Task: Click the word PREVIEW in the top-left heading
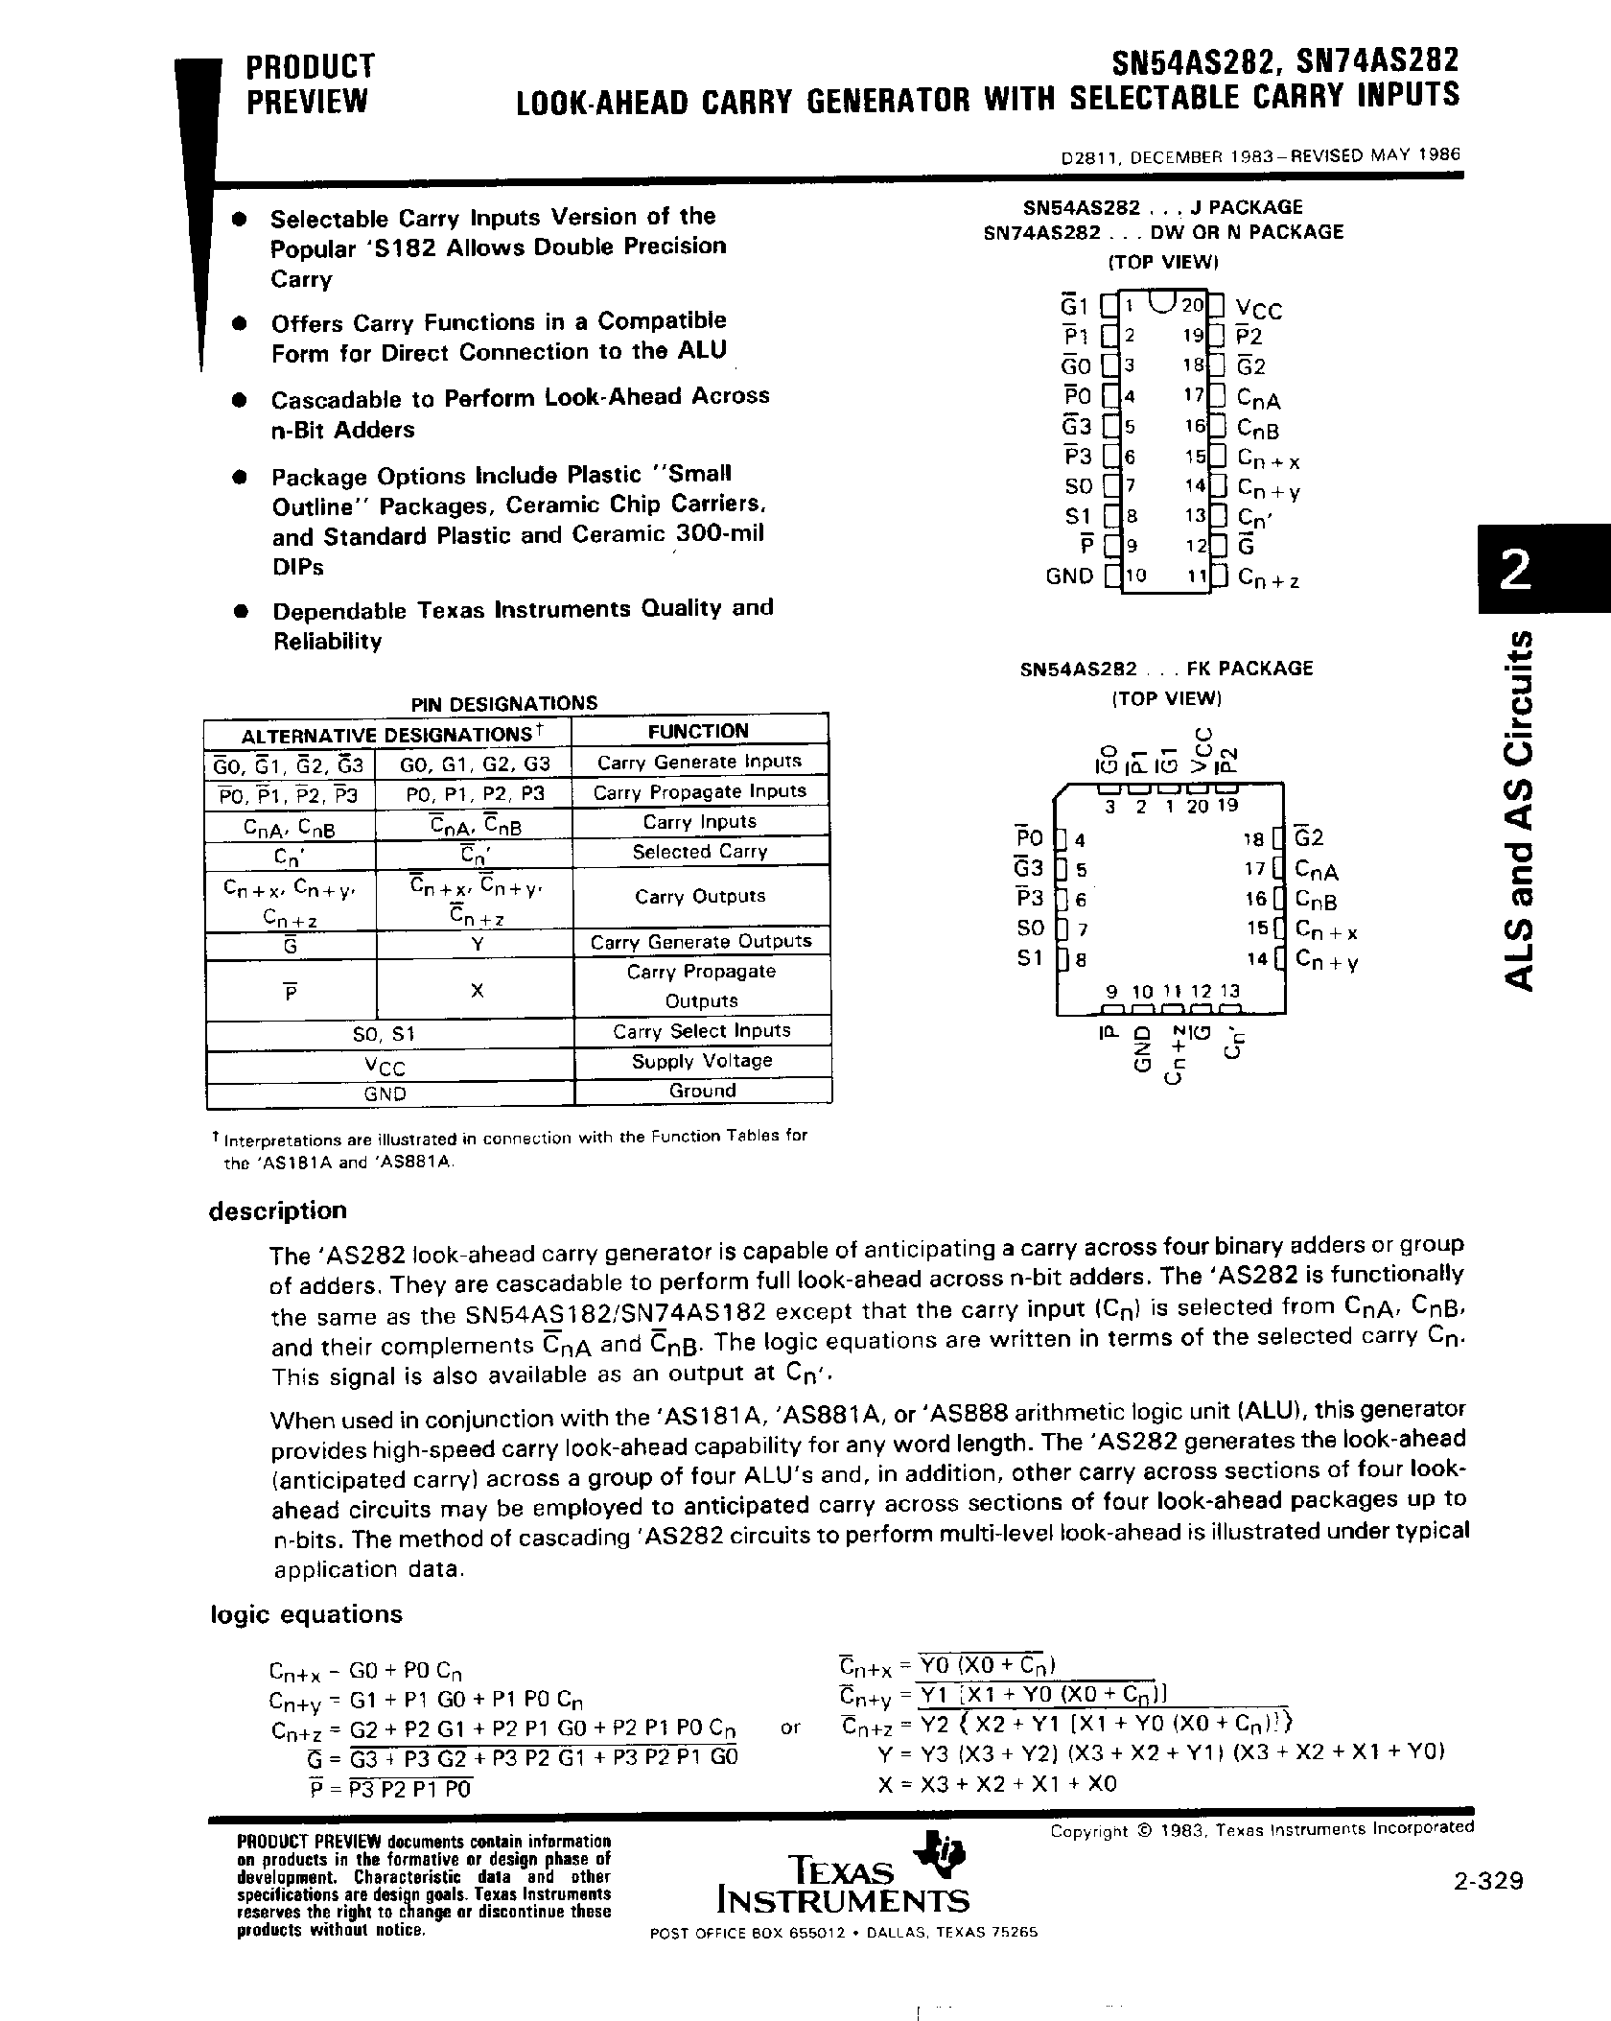307,102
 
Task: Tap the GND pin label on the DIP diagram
1069,576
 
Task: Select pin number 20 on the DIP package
1192,305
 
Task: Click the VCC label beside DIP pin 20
1258,310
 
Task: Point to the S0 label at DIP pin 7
1079,486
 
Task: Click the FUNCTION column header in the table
698,731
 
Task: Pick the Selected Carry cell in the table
700,852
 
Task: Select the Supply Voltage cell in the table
702,1061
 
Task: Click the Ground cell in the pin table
702,1091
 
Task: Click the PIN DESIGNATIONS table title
504,703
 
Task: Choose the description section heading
278,1210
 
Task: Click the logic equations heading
307,1614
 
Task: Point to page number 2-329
1487,1881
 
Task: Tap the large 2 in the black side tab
1516,572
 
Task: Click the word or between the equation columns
790,1727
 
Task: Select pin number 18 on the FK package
1254,839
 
